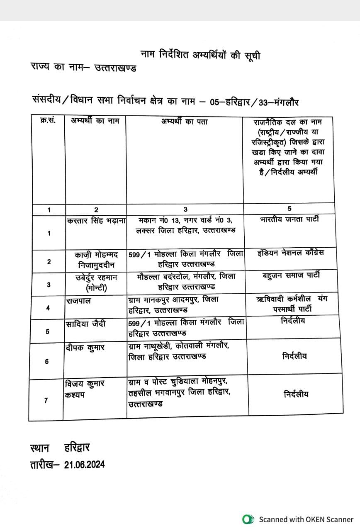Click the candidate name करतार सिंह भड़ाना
coord(96,221)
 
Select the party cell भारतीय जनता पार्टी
coord(290,219)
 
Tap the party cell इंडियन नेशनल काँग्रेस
coord(290,253)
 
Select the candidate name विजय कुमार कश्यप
coord(84,389)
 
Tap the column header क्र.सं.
coord(49,121)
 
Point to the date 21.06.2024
coord(85,464)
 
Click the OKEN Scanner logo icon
coord(248,519)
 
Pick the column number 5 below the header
coord(289,209)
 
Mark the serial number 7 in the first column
coord(46,400)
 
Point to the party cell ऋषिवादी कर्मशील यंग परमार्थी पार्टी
coord(292,304)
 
